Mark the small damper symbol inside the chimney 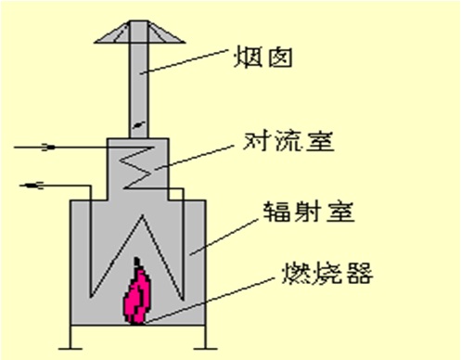pos(137,122)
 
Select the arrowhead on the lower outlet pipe pos(32,185)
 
